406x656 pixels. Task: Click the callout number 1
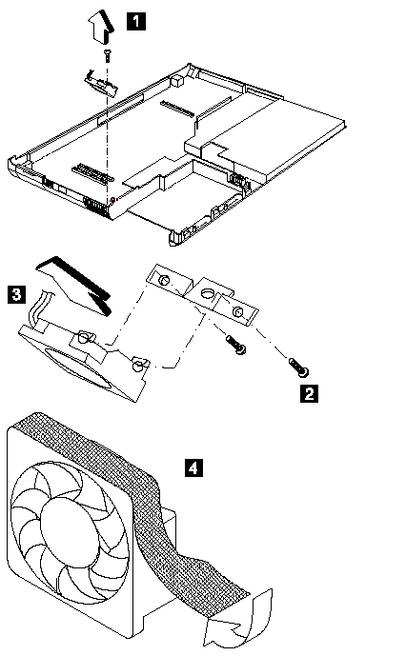[x=136, y=21]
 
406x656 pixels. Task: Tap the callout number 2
[x=309, y=393]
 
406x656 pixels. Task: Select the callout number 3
[x=16, y=294]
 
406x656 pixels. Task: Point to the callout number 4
[x=193, y=467]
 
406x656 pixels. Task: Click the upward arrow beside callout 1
[x=101, y=26]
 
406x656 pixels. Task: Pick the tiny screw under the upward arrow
[x=107, y=55]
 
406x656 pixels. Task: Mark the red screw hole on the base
[x=112, y=200]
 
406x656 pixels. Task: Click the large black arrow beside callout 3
[x=75, y=285]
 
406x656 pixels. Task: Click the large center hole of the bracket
[x=207, y=293]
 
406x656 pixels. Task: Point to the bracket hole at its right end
[x=238, y=311]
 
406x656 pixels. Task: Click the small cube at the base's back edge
[x=177, y=80]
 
